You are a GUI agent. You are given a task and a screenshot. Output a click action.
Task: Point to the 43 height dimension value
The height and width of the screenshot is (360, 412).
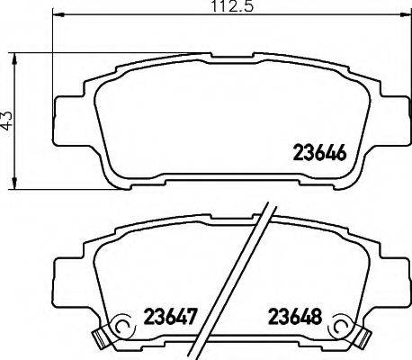coord(10,120)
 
